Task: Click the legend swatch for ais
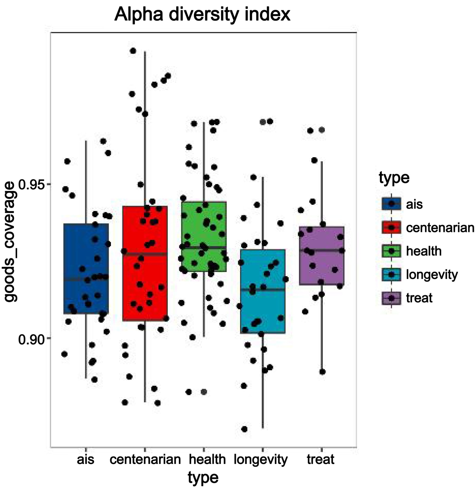point(391,204)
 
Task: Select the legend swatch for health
point(391,251)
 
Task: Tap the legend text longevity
point(432,275)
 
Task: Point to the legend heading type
point(394,178)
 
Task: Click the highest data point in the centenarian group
point(133,51)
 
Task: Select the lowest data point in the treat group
point(323,372)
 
